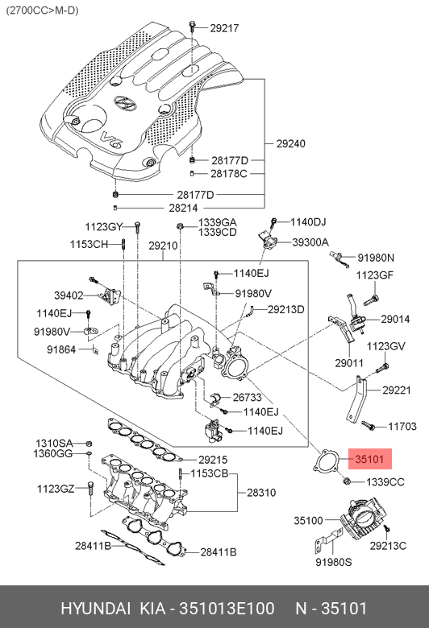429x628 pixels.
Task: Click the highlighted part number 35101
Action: [x=369, y=459]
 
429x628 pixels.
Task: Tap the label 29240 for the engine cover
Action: [x=290, y=143]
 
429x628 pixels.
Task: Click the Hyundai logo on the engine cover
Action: [x=124, y=103]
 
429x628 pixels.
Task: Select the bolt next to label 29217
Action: [x=192, y=27]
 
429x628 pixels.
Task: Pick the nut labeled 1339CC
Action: [x=348, y=480]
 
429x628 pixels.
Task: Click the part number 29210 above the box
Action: [x=163, y=246]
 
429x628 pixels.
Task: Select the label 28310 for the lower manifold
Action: [x=261, y=492]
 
